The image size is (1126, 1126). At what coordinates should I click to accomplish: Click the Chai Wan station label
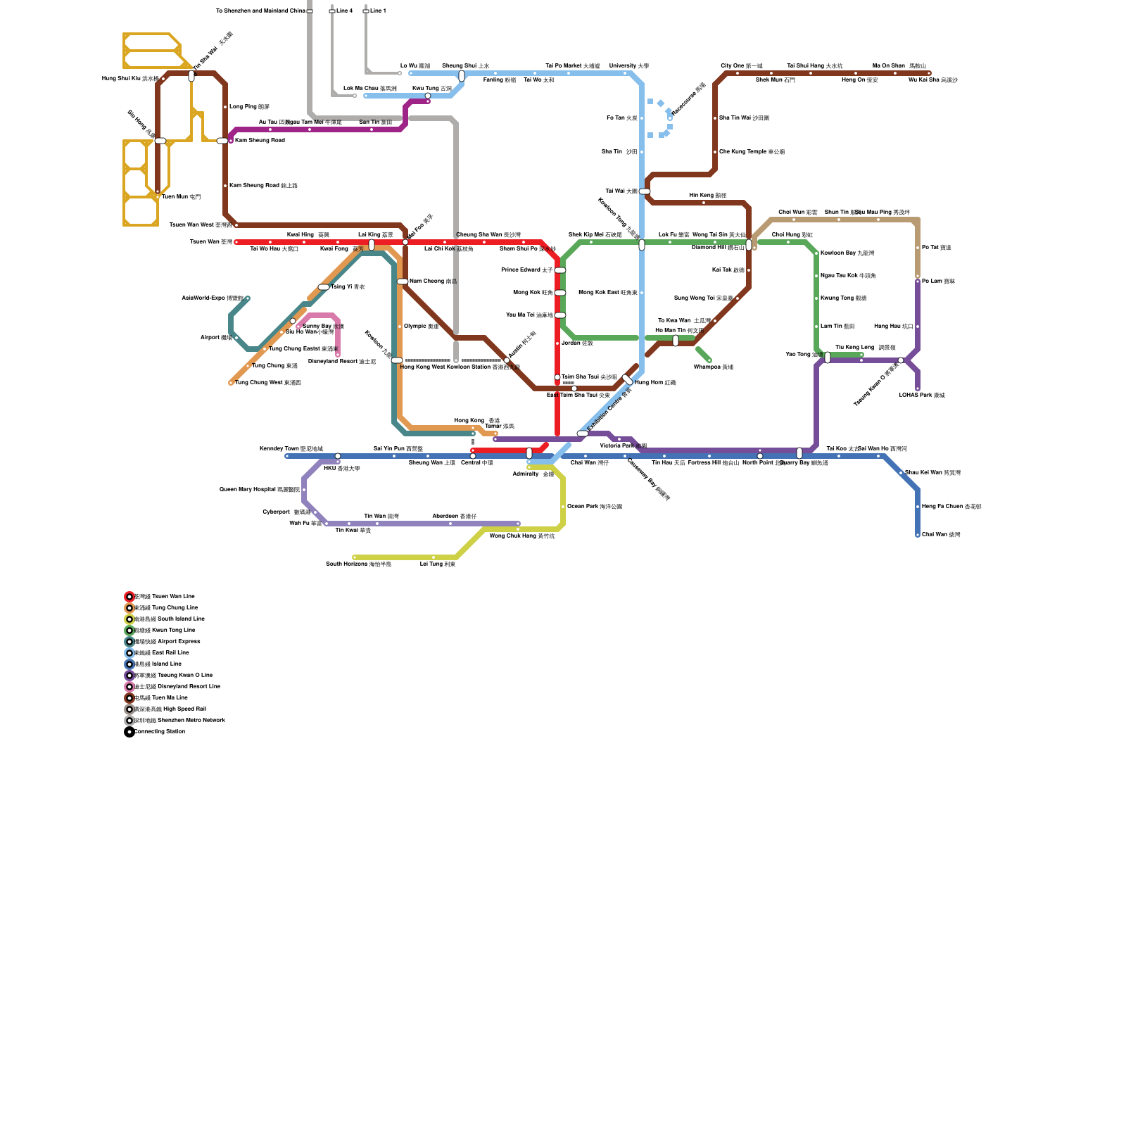[x=941, y=534]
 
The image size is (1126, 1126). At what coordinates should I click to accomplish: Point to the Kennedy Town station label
[x=291, y=448]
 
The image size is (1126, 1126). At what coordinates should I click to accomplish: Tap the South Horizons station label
[x=358, y=564]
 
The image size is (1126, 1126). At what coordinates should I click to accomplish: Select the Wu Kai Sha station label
[x=932, y=80]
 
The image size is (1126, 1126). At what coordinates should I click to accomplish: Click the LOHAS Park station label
[x=921, y=395]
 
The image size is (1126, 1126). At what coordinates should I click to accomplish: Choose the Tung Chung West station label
[x=267, y=382]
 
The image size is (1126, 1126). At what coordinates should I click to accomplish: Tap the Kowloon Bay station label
[x=847, y=253]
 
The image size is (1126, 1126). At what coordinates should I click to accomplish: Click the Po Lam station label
[x=938, y=281]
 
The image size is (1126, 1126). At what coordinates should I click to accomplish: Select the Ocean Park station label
[x=594, y=506]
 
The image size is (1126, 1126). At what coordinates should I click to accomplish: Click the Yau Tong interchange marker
[x=828, y=358]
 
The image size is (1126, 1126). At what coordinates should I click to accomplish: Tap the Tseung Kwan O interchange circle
[x=901, y=360]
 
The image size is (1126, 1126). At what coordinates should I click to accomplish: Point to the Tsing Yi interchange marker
[x=324, y=287]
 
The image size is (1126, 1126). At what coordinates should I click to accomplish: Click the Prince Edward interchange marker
[x=560, y=270]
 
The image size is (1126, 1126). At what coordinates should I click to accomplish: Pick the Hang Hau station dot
[x=918, y=327]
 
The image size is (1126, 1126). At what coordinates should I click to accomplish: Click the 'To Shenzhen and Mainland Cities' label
[x=260, y=11]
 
